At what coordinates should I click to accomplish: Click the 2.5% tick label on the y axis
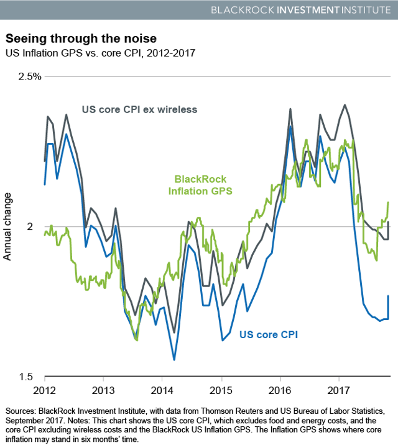28,76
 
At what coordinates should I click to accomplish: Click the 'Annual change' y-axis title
9,227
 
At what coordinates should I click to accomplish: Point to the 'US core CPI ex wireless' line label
139,110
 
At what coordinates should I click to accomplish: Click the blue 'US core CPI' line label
269,335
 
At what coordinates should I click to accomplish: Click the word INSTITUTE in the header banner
363,10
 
